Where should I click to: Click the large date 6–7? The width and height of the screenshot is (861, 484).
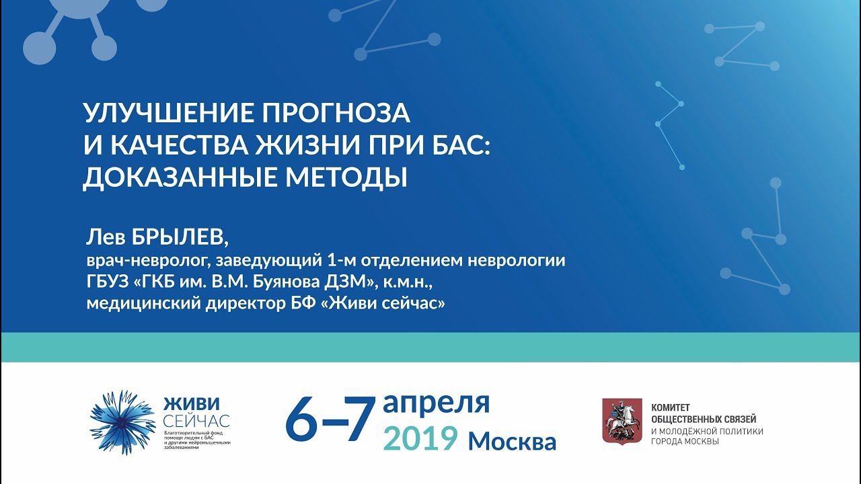click(x=329, y=421)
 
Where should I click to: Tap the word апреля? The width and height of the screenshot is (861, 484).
click(x=436, y=402)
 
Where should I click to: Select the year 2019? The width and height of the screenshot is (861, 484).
click(x=420, y=439)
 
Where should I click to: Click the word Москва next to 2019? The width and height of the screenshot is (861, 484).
click(x=512, y=441)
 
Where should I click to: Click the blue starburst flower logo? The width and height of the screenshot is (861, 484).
click(x=122, y=422)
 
